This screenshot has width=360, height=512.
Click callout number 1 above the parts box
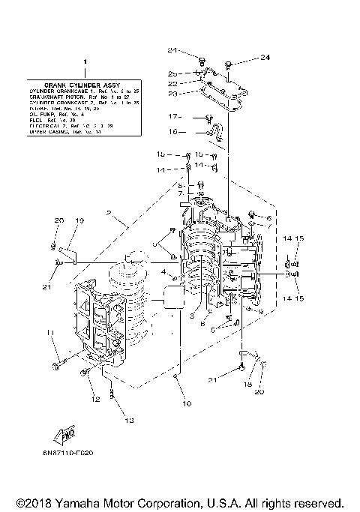point(85,62)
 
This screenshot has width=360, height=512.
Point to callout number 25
point(172,73)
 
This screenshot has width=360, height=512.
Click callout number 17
point(172,117)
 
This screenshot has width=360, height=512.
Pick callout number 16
point(172,132)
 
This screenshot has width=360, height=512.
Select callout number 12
point(94,400)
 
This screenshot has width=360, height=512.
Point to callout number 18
point(248,385)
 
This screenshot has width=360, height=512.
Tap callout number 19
point(79,220)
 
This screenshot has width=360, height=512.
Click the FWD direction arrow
point(69,433)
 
